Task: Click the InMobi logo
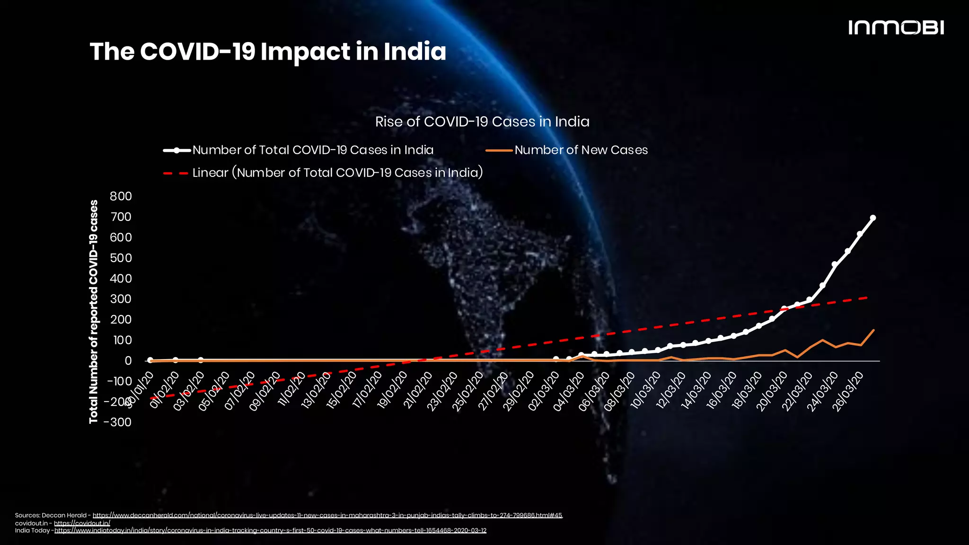click(x=896, y=27)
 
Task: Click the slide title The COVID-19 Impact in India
click(x=268, y=52)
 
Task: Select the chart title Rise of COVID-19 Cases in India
click(x=482, y=122)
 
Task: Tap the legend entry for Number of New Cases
click(x=581, y=150)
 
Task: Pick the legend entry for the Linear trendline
click(x=337, y=173)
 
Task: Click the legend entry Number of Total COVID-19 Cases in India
click(x=312, y=150)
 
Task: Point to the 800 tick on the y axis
click(x=121, y=196)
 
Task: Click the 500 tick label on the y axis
click(x=121, y=258)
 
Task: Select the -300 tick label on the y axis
click(x=118, y=422)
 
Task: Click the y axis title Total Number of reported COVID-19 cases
click(x=94, y=311)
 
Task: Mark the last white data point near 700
click(x=873, y=218)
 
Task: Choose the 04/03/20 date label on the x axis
click(x=569, y=392)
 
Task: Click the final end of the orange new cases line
click(x=873, y=330)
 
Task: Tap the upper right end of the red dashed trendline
click(x=866, y=298)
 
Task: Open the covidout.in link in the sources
click(x=82, y=523)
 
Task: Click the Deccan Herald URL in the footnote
click(x=327, y=515)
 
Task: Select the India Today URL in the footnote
click(x=270, y=530)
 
